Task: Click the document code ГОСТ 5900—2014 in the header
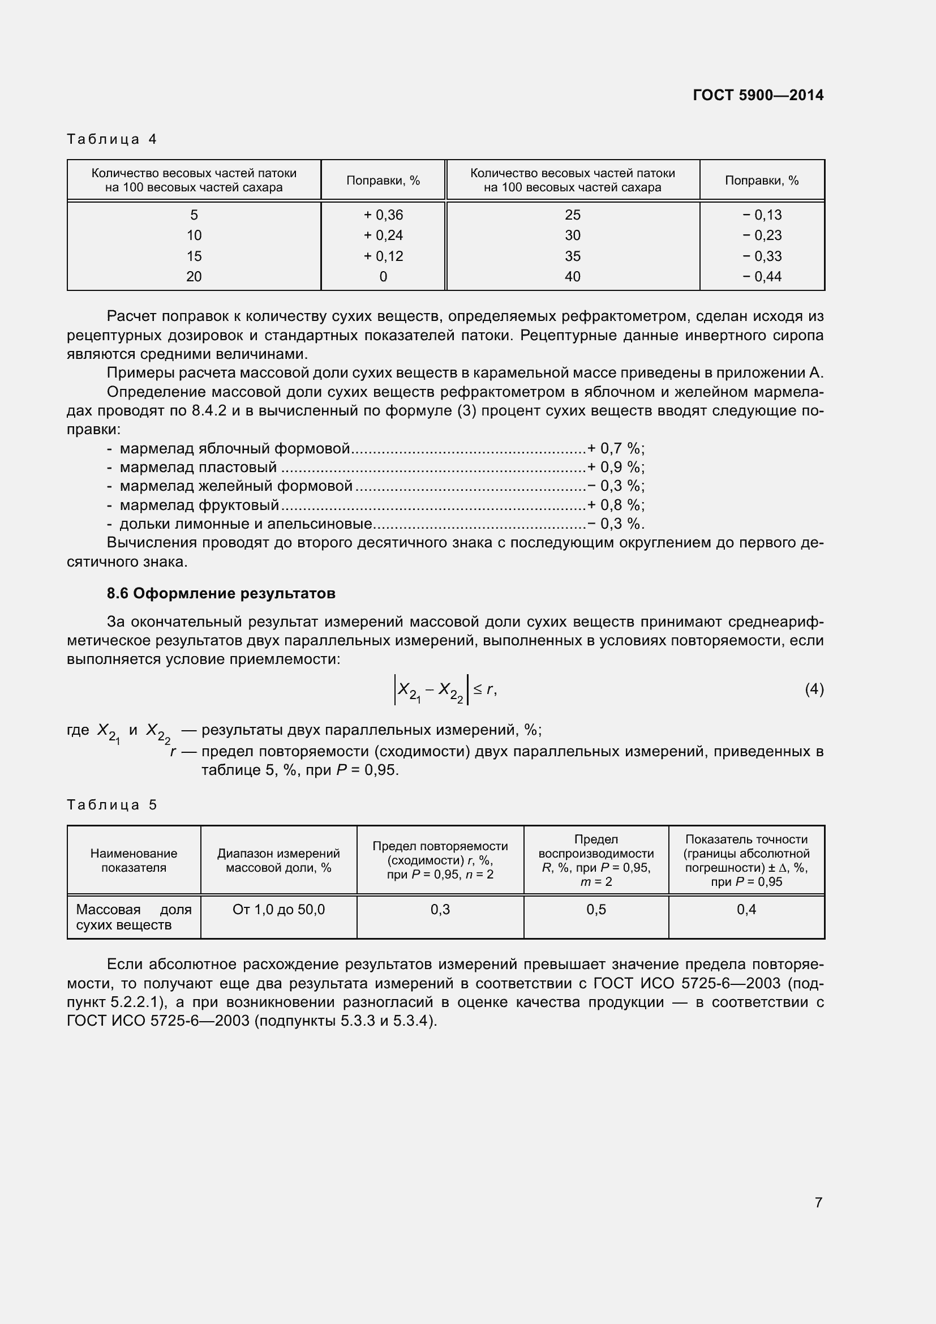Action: point(758,95)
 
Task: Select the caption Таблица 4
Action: point(112,139)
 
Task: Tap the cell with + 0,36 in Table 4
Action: point(383,215)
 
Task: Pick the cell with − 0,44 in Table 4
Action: point(761,277)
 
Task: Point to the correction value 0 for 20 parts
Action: point(383,277)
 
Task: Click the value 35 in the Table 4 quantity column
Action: point(572,256)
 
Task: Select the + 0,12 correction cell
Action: point(383,256)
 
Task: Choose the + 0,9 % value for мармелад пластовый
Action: point(615,467)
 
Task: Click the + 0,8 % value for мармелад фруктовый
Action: point(615,505)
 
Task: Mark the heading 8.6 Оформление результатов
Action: point(221,593)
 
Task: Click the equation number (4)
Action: point(814,689)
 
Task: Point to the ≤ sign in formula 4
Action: point(478,689)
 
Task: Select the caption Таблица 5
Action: point(112,804)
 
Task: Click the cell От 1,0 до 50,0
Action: point(278,910)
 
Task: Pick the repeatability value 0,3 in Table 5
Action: point(440,910)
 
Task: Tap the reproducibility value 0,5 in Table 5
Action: point(596,910)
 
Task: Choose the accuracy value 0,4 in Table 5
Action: point(746,910)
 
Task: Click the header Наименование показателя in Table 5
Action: point(134,860)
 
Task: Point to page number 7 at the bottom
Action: point(818,1202)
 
